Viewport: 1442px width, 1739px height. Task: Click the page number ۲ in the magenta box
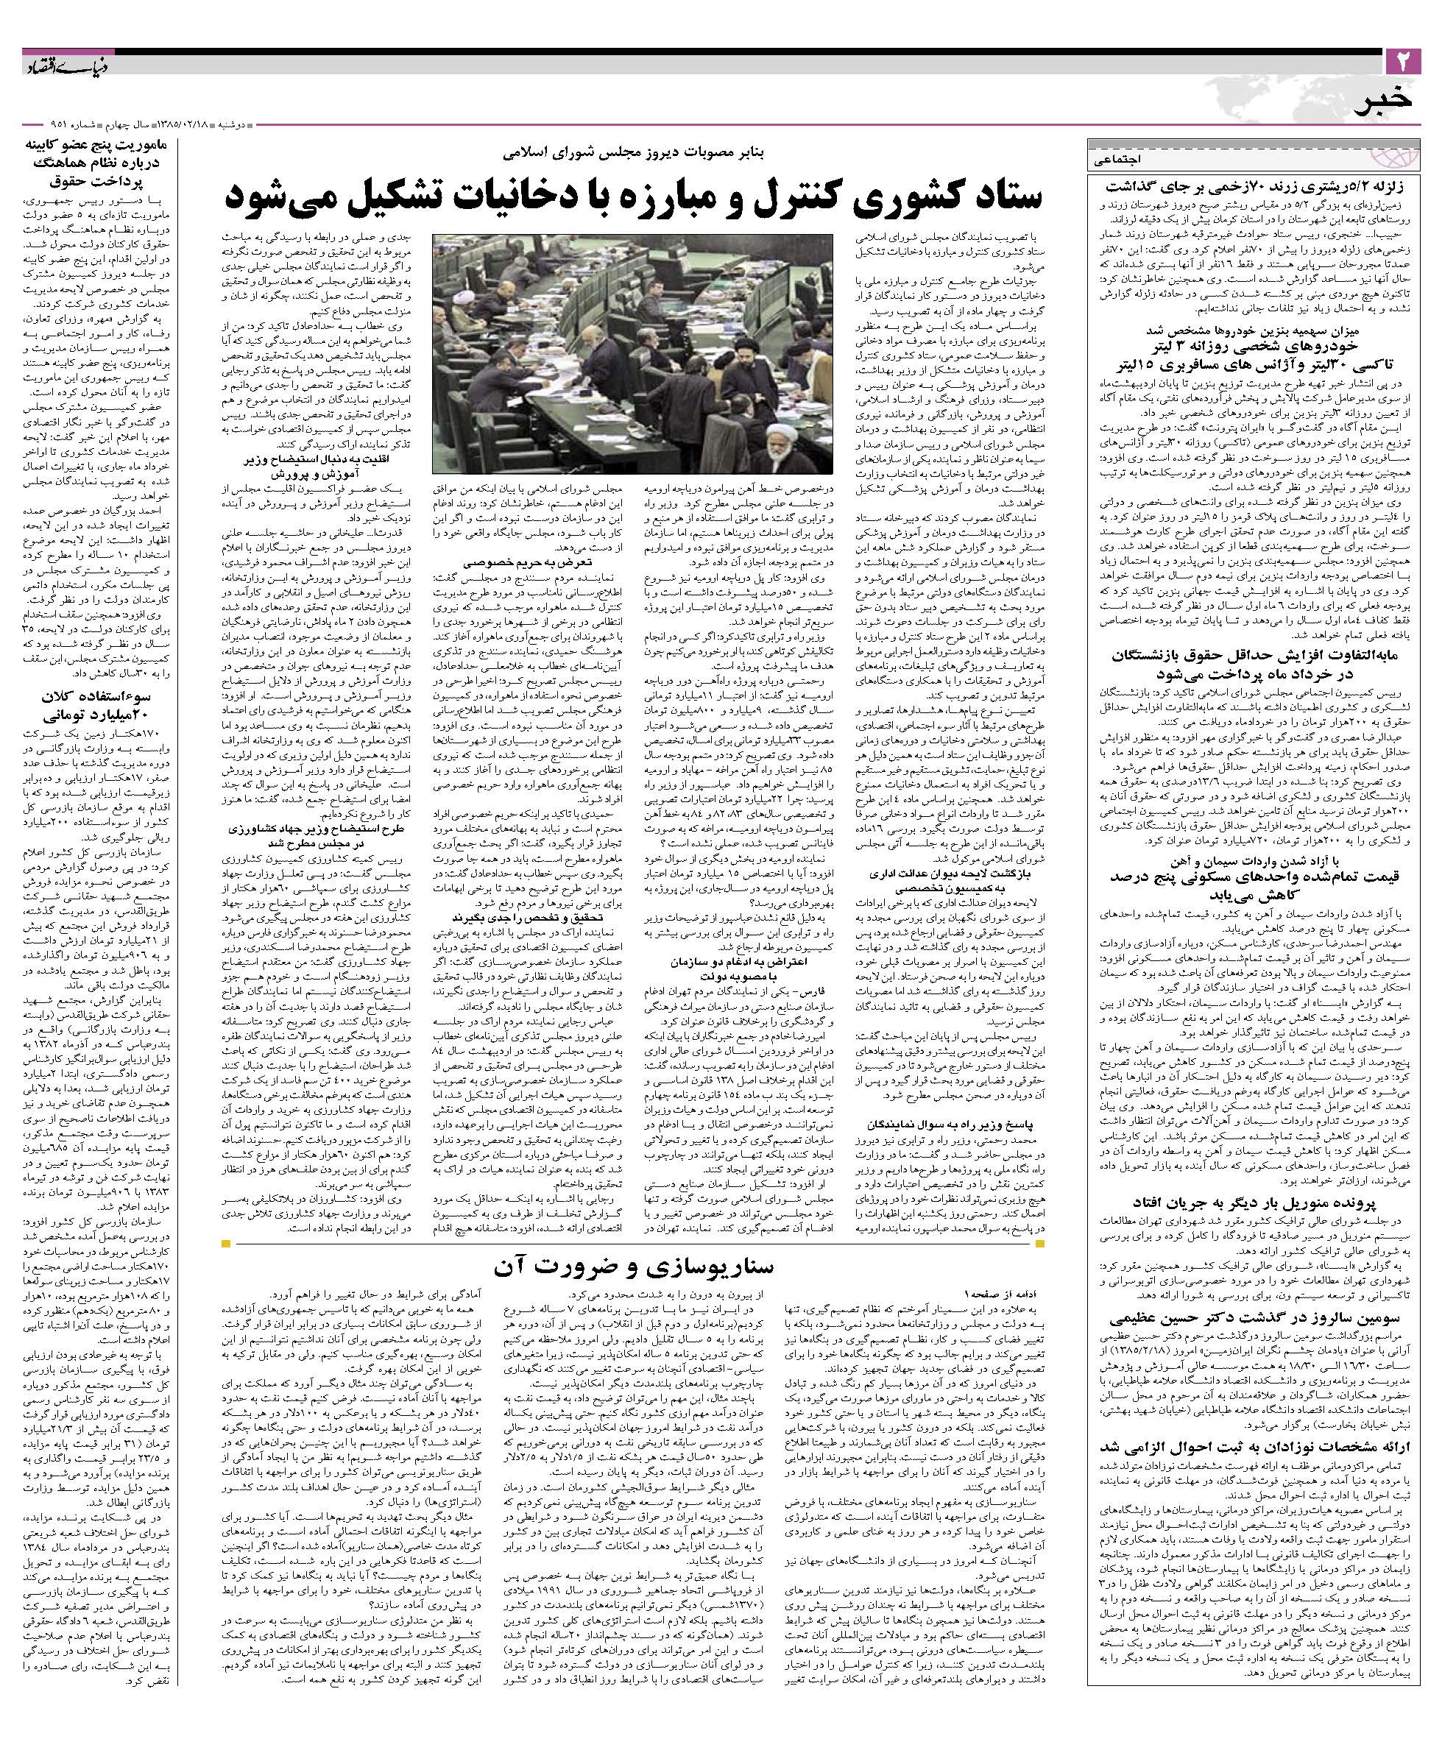(x=1403, y=60)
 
